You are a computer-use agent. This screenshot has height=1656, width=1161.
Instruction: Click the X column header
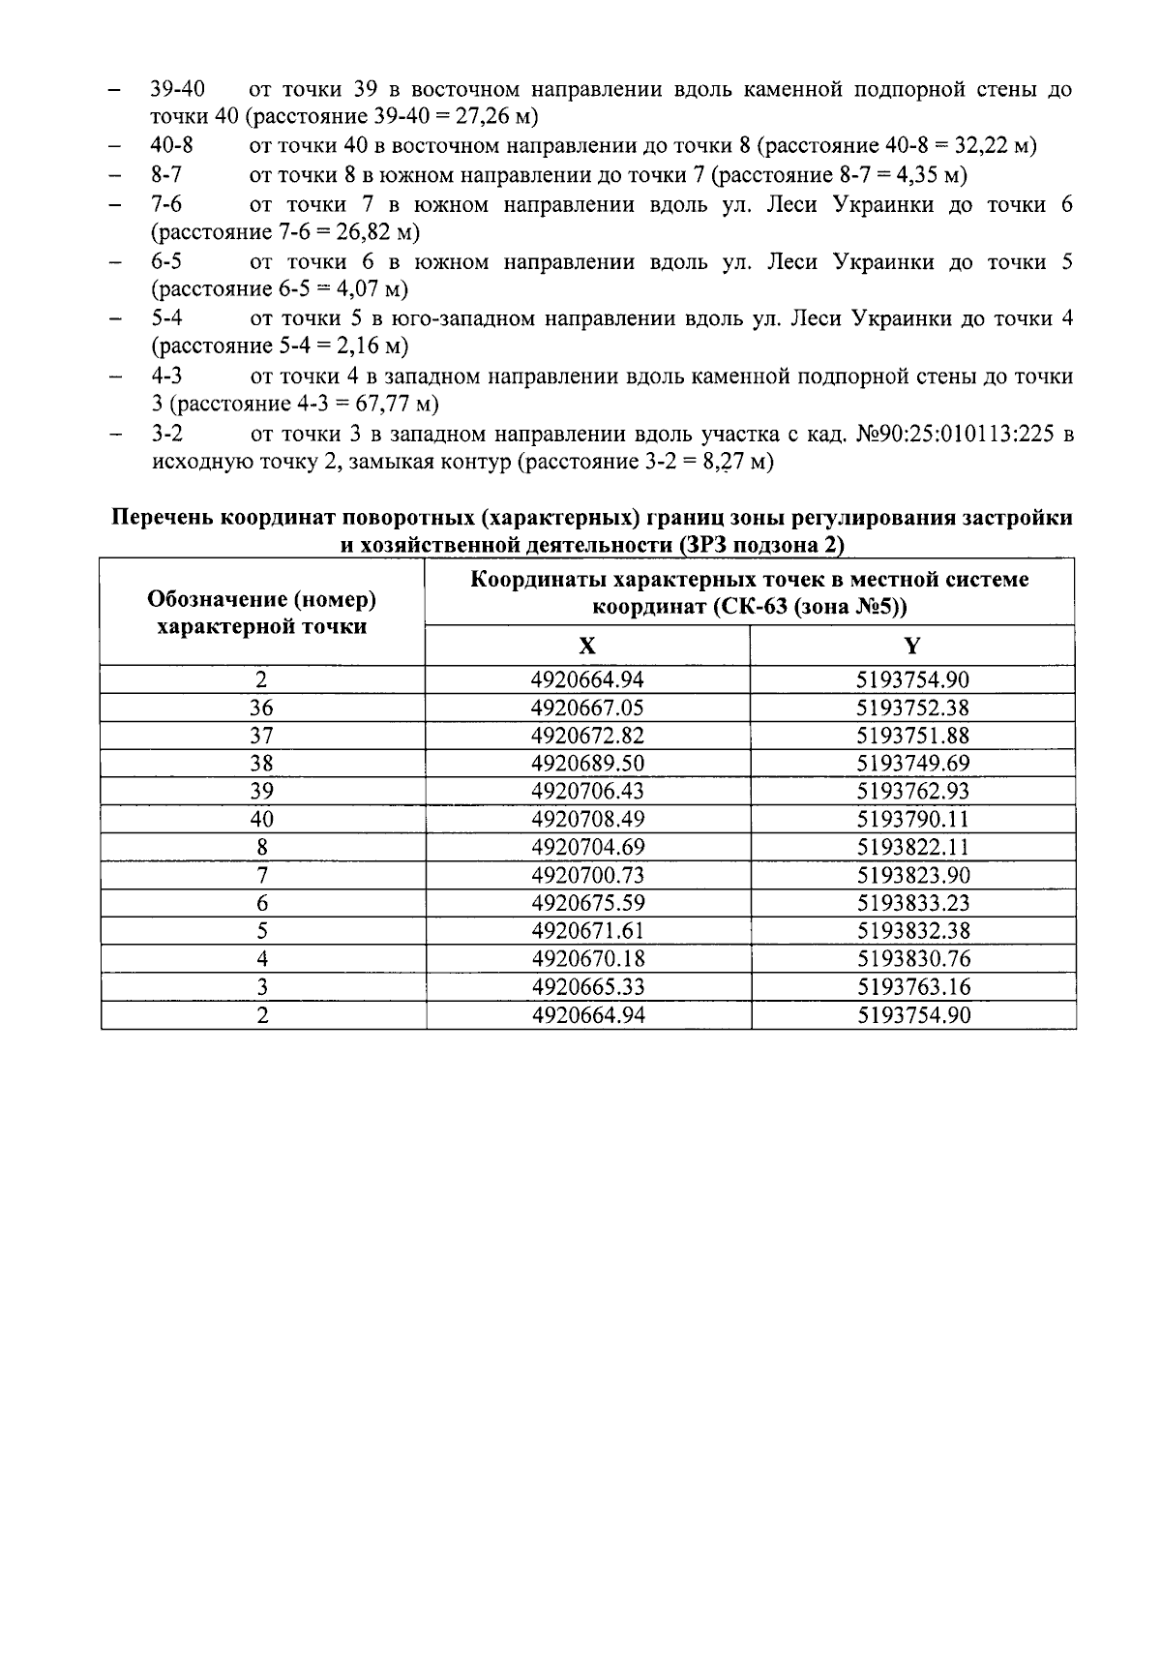tap(586, 646)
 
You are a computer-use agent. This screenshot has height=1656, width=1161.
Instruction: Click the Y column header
tap(911, 646)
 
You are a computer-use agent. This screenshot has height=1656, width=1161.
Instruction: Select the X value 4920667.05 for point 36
tap(587, 708)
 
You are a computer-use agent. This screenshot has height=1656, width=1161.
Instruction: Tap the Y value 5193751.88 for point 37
tap(912, 736)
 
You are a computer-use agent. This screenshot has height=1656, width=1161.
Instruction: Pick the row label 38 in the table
tap(261, 764)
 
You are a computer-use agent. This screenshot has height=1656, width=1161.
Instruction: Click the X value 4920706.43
tap(587, 792)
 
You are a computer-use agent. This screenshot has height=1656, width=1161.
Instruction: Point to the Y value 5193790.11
tap(912, 820)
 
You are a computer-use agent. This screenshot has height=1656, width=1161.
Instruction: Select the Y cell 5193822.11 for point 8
tap(912, 848)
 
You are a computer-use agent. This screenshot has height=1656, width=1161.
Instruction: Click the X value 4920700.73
tap(587, 876)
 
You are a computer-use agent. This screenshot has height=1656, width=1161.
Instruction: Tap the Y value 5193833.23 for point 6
tap(912, 904)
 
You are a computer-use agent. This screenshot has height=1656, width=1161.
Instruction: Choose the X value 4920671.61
tap(587, 931)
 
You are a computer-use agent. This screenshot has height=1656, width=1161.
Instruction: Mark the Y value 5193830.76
tap(912, 959)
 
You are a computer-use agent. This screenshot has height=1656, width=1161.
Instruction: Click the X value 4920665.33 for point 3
tap(587, 987)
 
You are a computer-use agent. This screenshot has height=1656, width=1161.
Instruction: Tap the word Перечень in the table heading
tap(164, 518)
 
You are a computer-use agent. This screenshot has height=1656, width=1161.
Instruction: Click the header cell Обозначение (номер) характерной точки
tap(261, 613)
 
